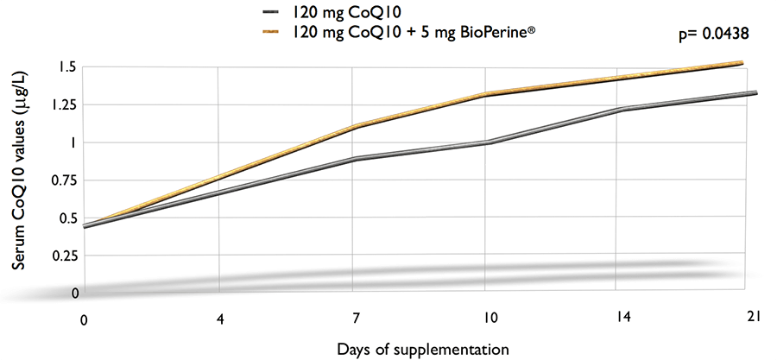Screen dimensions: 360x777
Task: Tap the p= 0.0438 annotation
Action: [x=714, y=35]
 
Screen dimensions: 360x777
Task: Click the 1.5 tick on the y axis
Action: [x=68, y=67]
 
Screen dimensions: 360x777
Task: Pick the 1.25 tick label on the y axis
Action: [x=64, y=104]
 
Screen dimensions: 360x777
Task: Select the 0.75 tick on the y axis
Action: [x=64, y=180]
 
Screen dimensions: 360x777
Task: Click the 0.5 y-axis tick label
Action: [x=68, y=218]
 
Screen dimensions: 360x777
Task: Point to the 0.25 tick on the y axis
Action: [x=64, y=256]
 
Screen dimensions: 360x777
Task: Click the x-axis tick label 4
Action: [x=222, y=319]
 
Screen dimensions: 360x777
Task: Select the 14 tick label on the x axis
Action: [x=623, y=319]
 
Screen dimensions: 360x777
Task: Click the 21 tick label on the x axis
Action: [x=753, y=319]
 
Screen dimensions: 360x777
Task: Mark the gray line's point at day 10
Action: [x=488, y=142]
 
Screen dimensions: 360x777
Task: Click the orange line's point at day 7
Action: [x=354, y=126]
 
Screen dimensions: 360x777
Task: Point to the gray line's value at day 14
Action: [x=622, y=110]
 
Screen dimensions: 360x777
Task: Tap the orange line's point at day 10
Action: [x=488, y=94]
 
